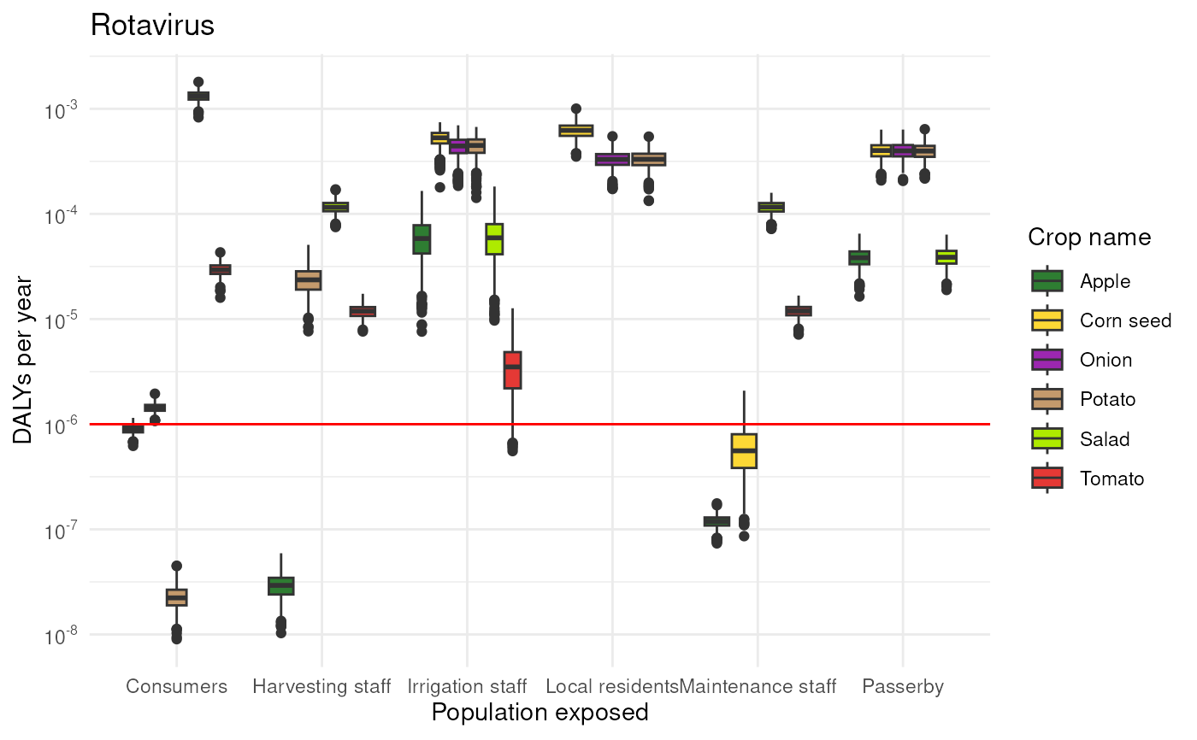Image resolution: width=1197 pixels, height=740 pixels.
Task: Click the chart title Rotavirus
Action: click(152, 25)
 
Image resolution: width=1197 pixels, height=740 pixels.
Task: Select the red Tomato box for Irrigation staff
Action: click(512, 370)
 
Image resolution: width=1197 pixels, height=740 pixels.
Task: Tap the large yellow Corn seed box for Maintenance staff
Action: click(744, 451)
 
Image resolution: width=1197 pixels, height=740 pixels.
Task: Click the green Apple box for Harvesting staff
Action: click(281, 586)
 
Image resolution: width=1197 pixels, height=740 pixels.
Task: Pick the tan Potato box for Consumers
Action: click(176, 597)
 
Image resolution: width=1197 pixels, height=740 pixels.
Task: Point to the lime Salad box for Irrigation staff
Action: click(494, 239)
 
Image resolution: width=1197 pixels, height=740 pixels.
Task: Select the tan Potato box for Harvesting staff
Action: click(309, 280)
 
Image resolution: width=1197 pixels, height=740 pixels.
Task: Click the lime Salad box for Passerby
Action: click(946, 257)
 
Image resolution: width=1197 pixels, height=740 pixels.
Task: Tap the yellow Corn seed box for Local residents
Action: click(576, 131)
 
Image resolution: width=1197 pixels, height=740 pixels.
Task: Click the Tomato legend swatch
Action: click(1047, 479)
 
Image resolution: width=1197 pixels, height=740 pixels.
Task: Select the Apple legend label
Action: click(1105, 281)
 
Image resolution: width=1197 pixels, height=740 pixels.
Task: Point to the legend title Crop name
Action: click(1089, 237)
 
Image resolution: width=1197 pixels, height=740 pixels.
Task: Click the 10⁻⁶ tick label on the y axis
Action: click(62, 426)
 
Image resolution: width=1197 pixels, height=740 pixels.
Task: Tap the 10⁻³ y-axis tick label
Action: click(62, 110)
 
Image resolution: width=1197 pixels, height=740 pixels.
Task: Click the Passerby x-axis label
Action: click(903, 687)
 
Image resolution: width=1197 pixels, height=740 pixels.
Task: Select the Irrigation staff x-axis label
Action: click(467, 686)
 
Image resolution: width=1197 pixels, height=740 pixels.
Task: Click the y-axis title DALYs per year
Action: click(22, 360)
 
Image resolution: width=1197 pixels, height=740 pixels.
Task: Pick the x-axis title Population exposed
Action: click(540, 713)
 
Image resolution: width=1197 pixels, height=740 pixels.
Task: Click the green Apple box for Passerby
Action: click(859, 258)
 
